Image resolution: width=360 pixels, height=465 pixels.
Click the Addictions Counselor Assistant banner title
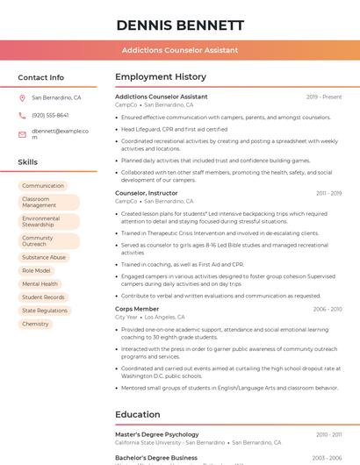click(179, 50)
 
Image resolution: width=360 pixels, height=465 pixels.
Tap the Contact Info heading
click(40, 77)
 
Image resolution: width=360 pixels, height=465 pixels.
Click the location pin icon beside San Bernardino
click(22, 98)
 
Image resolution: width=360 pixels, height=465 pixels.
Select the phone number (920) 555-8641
click(50, 115)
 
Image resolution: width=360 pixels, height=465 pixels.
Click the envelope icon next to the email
click(22, 134)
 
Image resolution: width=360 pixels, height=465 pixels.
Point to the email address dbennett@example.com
click(60, 134)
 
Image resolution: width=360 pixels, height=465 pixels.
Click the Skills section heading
click(27, 162)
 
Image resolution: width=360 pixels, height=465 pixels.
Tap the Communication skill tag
click(43, 186)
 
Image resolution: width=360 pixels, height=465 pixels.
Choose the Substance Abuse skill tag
click(44, 258)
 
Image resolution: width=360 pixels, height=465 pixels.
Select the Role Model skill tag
click(36, 271)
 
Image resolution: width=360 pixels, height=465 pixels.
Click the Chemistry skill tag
click(35, 324)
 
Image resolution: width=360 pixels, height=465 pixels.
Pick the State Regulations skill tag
click(45, 311)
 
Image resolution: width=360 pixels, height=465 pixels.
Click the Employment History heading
click(160, 77)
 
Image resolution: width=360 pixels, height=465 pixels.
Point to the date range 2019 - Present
click(324, 97)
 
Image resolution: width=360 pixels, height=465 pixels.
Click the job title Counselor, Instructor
click(146, 193)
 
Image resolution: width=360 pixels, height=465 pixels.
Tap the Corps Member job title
click(137, 309)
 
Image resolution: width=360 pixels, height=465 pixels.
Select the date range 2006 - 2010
click(327, 309)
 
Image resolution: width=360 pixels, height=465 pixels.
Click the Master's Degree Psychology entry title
click(156, 434)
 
